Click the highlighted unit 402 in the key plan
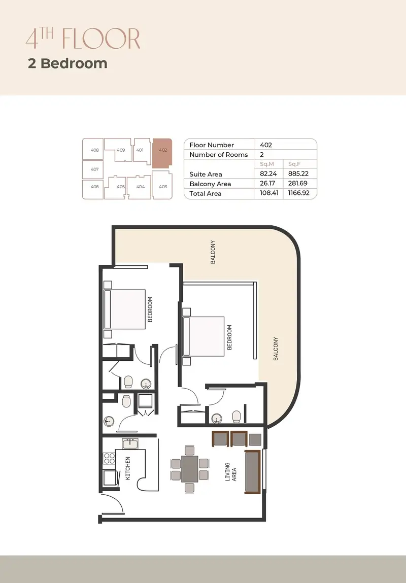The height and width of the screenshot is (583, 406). pyautogui.click(x=162, y=152)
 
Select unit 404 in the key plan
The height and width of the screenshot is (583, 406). pyautogui.click(x=140, y=187)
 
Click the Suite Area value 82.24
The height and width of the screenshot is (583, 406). pyautogui.click(x=268, y=174)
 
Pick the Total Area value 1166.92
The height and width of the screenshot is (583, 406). pyautogui.click(x=298, y=193)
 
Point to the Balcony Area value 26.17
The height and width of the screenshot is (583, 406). pyautogui.click(x=267, y=183)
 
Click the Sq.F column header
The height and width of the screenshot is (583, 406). pyautogui.click(x=294, y=164)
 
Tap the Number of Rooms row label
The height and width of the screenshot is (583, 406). pyautogui.click(x=219, y=155)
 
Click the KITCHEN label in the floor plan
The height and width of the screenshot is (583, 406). pyautogui.click(x=128, y=468)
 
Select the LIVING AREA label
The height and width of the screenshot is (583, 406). pyautogui.click(x=230, y=472)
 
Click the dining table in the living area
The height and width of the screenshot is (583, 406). pyautogui.click(x=190, y=469)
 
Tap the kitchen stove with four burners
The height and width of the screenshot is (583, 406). pyautogui.click(x=109, y=459)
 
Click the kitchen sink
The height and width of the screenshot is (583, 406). pyautogui.click(x=130, y=444)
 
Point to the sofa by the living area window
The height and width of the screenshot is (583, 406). pyautogui.click(x=252, y=472)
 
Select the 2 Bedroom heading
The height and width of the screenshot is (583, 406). pyautogui.click(x=67, y=63)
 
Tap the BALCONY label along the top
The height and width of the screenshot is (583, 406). pyautogui.click(x=213, y=252)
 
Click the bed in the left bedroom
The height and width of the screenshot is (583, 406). pyautogui.click(x=125, y=310)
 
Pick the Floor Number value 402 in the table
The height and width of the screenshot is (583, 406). pyautogui.click(x=266, y=145)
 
